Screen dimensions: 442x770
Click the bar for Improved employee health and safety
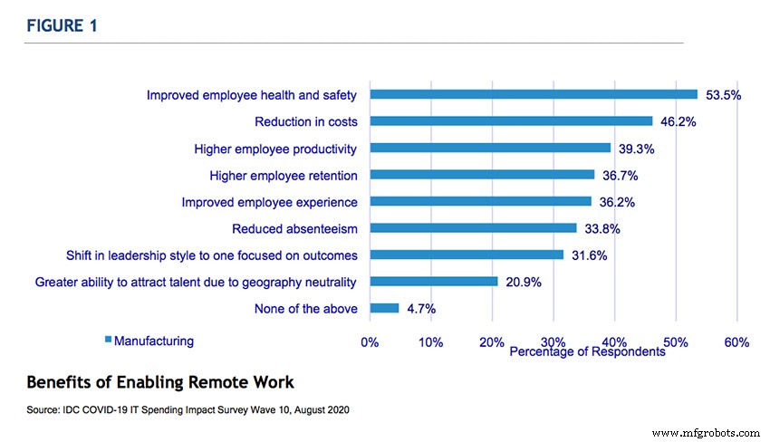click(x=534, y=94)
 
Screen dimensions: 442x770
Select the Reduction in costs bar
click(x=511, y=120)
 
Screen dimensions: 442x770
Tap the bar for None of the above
click(x=384, y=308)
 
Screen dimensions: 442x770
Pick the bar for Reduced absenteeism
click(x=473, y=228)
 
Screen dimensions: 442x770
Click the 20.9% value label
click(x=523, y=283)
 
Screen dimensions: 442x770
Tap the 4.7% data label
click(x=420, y=309)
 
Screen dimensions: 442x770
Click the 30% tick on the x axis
click(x=553, y=342)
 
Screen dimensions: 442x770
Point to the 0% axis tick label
click(x=370, y=342)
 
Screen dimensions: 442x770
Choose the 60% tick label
click(x=736, y=342)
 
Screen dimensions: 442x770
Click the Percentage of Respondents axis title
click(x=587, y=351)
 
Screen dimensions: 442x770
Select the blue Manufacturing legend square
click(x=108, y=341)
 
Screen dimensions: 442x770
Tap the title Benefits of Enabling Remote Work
click(x=160, y=381)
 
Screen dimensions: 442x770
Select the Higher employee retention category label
click(x=283, y=175)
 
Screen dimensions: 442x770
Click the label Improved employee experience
click(x=269, y=202)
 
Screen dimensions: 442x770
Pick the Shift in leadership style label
click(x=211, y=255)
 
